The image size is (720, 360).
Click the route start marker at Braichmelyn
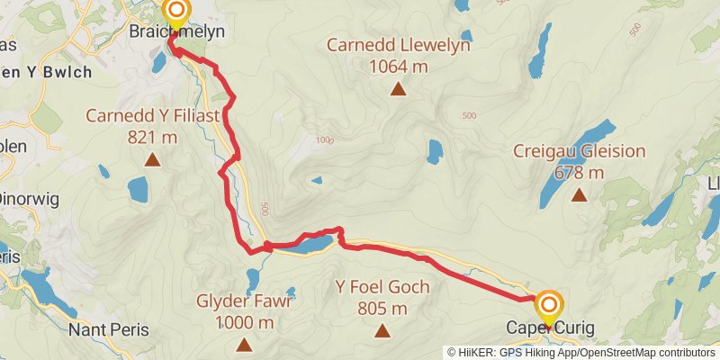coord(176,13)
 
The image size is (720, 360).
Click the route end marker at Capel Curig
coord(548,304)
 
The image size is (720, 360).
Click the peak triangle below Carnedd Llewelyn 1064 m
coord(397,88)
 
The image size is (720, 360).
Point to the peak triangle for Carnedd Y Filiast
coord(152,161)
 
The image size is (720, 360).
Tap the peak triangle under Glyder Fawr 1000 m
coord(243,345)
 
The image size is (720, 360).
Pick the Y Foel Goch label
coord(382,288)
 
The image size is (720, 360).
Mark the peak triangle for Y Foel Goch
coord(382,331)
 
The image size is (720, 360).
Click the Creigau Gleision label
coord(578,151)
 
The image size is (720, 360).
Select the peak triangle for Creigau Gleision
coord(580,194)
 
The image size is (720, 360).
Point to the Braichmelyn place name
coord(175,32)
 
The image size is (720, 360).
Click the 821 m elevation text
coord(152,137)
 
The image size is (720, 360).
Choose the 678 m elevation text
coord(579,173)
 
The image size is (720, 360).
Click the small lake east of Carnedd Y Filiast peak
coord(138,189)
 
